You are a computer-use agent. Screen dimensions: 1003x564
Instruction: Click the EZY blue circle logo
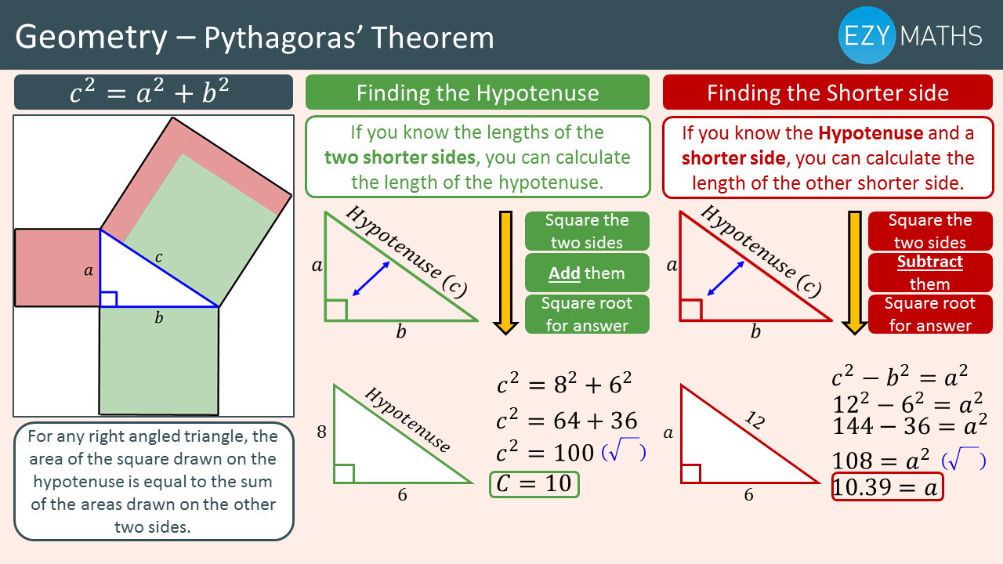point(867,35)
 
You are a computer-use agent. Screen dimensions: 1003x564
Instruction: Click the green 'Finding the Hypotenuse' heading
point(477,92)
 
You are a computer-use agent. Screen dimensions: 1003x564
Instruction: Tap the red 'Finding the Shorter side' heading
point(827,92)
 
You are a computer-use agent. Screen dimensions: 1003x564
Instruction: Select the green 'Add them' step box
point(587,273)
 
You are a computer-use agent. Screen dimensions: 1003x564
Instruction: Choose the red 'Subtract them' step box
point(930,273)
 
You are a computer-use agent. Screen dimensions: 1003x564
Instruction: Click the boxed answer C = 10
point(534,484)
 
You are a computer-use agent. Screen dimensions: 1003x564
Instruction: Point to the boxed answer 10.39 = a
point(887,486)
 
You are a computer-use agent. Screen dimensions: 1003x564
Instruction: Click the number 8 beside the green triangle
point(321,432)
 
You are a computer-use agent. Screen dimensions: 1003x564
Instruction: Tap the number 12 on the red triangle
point(755,420)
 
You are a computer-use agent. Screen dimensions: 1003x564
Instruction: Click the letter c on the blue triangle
point(158,257)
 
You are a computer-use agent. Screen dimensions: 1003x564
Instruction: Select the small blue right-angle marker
point(108,299)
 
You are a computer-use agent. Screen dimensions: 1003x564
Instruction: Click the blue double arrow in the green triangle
point(371,278)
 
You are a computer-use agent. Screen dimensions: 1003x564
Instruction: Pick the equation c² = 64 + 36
point(567,420)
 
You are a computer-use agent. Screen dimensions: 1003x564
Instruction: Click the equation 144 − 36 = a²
point(910,425)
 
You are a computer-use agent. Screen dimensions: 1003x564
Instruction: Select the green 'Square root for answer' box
point(587,314)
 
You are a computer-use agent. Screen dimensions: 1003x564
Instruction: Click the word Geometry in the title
point(92,38)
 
